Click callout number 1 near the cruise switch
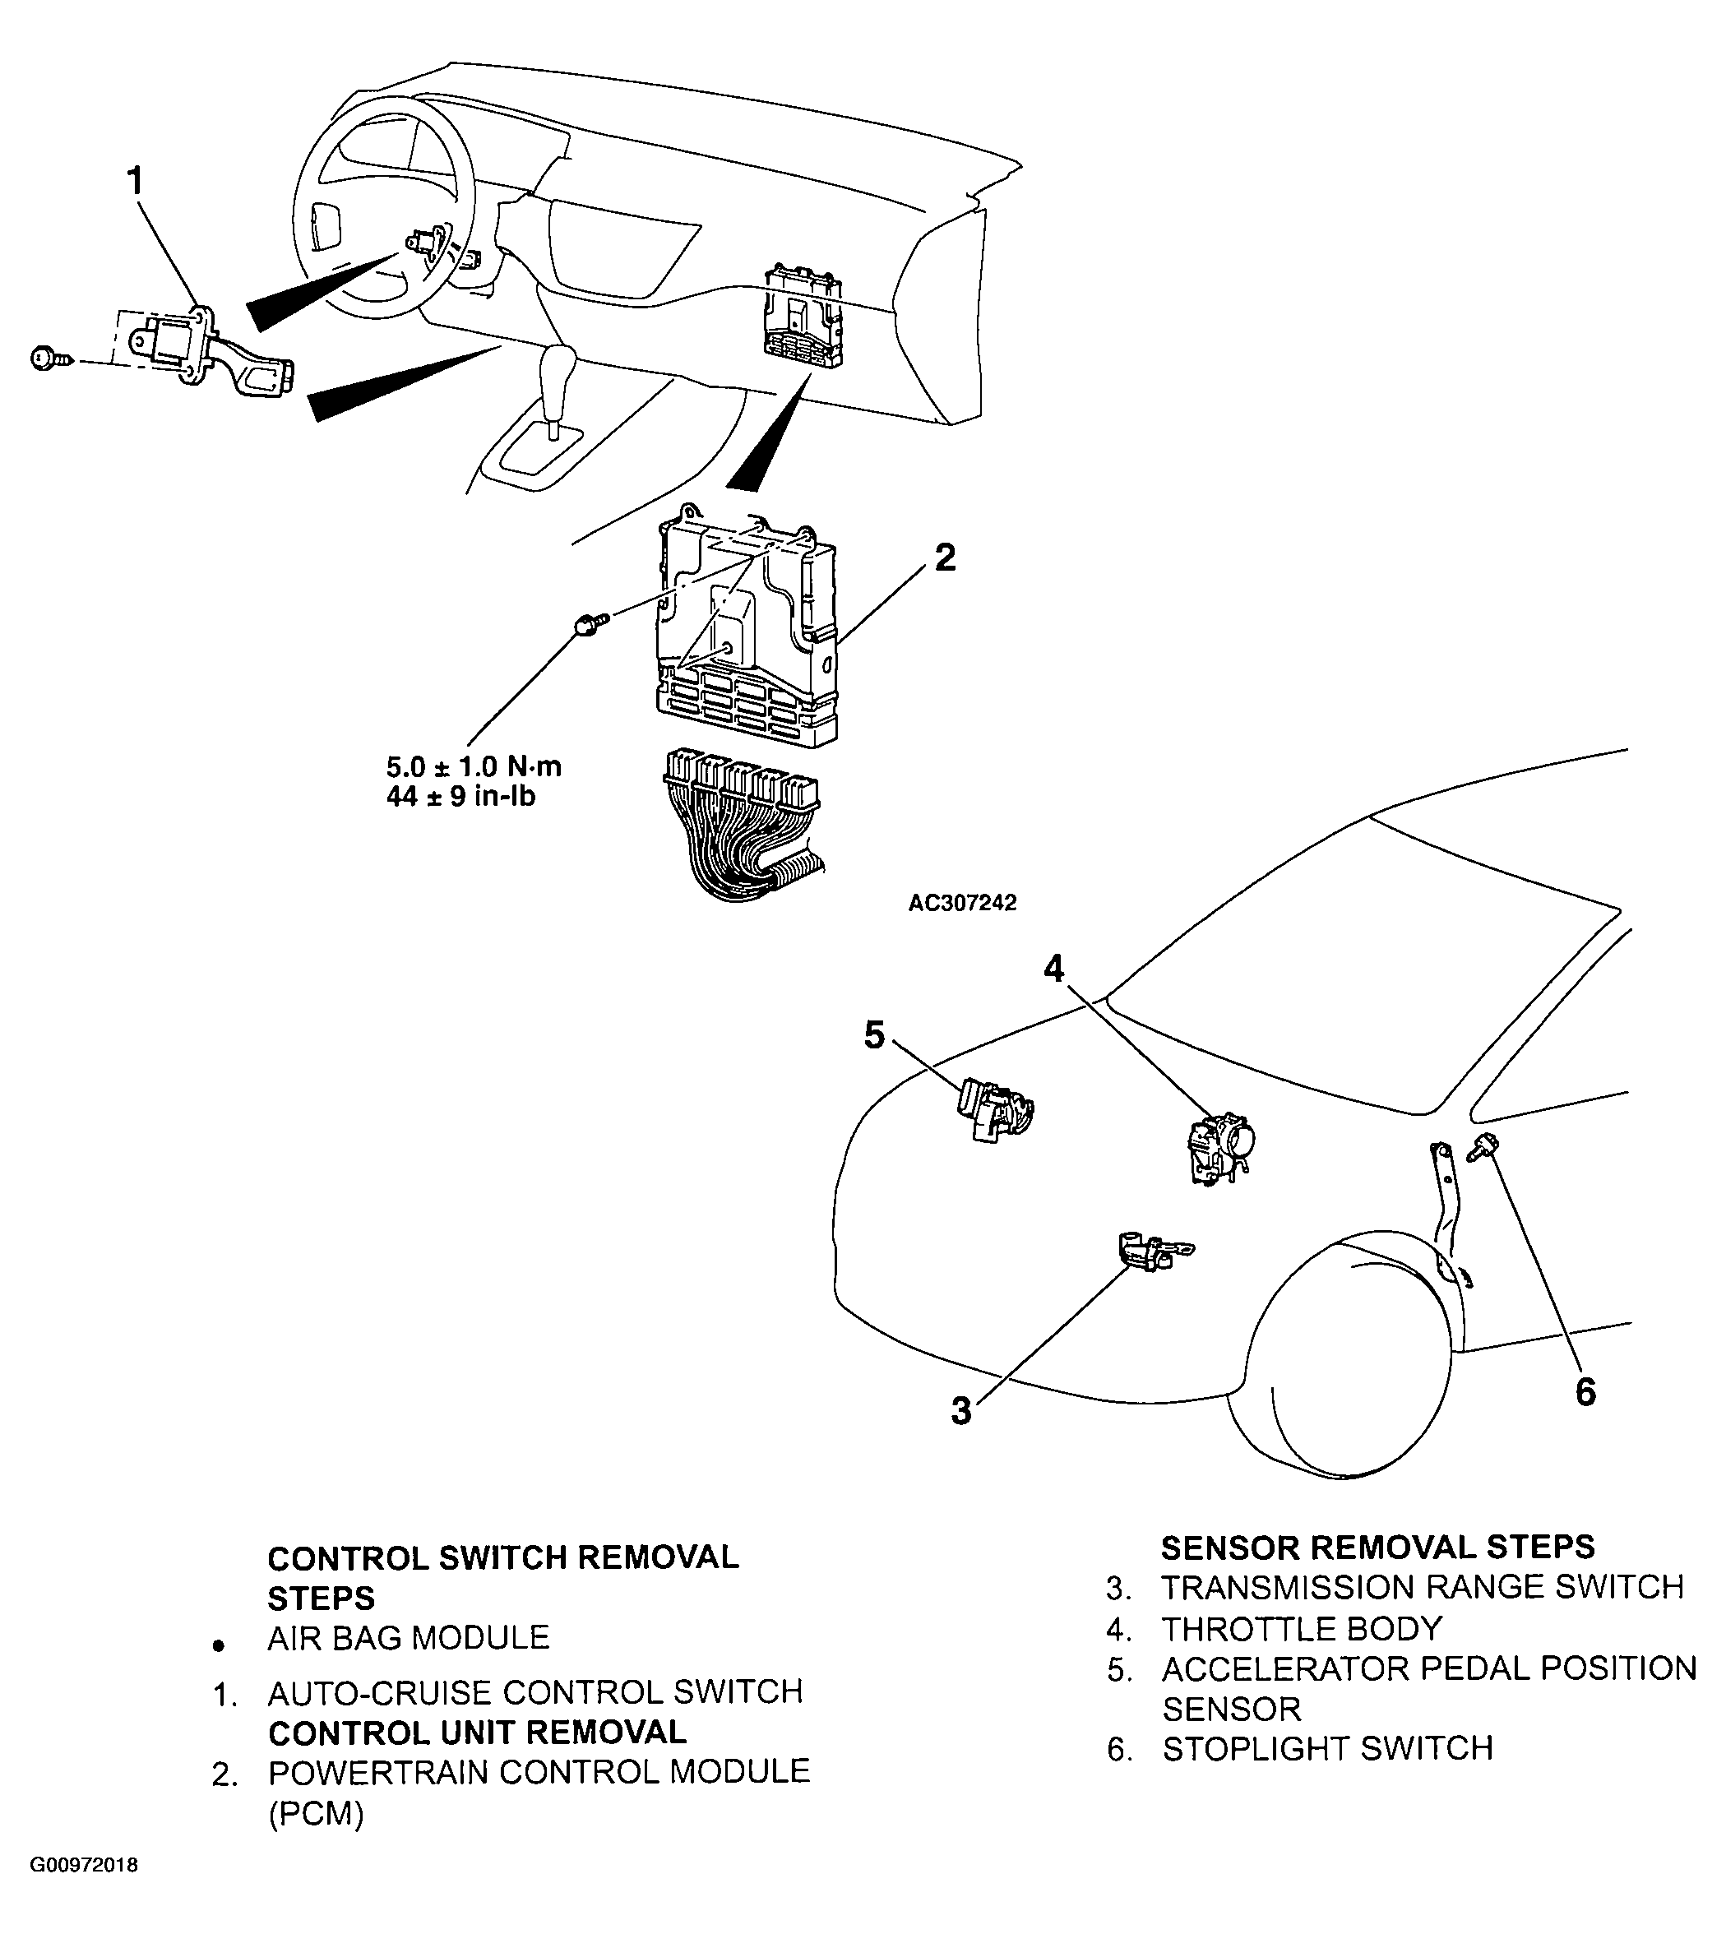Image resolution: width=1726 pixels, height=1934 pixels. point(136,180)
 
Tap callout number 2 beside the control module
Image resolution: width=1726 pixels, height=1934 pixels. point(945,558)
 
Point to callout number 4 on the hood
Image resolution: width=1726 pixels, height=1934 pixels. point(1053,969)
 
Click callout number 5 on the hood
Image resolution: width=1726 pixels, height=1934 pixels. point(873,1036)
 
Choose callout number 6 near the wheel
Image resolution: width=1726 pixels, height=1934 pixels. point(1585,1392)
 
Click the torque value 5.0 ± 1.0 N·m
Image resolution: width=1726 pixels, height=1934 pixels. point(473,766)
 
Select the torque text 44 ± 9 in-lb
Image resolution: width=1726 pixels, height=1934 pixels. point(461,797)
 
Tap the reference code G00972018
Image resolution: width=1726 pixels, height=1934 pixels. point(83,1892)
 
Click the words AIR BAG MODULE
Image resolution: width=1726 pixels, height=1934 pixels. point(409,1637)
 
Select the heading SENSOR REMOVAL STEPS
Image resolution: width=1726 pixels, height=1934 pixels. point(1378,1547)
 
